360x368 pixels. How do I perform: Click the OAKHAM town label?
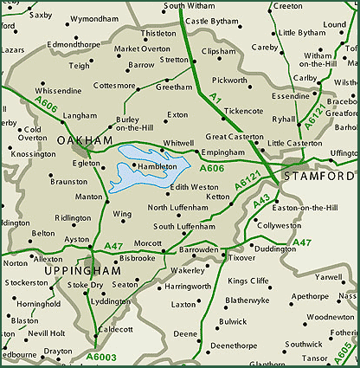click(85, 139)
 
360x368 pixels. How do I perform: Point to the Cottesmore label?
click(114, 87)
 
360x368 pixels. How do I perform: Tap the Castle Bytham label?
click(215, 20)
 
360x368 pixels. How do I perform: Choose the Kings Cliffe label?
click(248, 281)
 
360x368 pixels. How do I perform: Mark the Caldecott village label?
click(115, 329)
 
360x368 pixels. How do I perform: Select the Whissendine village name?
click(59, 90)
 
